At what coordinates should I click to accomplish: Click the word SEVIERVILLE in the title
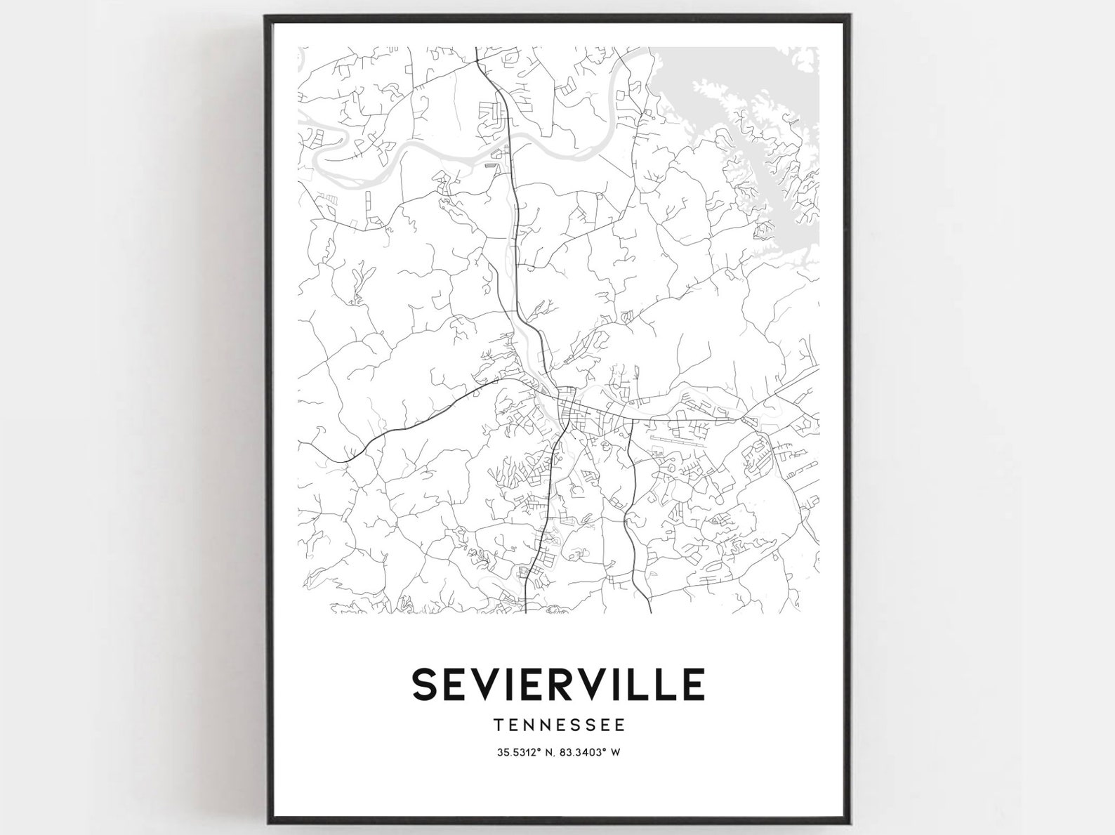558,684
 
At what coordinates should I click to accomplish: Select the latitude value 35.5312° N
525,753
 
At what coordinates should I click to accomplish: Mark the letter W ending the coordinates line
615,753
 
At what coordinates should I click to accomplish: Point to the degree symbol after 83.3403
605,751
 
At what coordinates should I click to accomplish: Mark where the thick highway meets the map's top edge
476,48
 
